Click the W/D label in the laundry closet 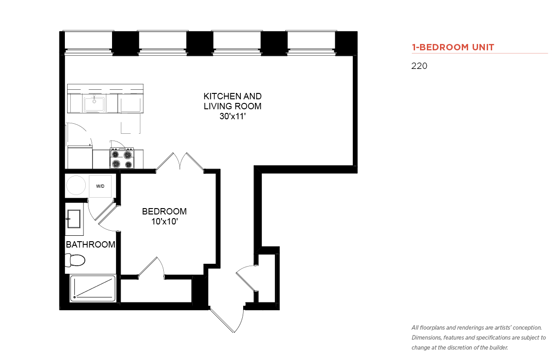click(x=100, y=186)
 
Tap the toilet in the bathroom click(x=75, y=260)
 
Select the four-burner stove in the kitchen click(x=122, y=158)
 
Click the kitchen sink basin click(x=94, y=104)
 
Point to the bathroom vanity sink click(x=74, y=219)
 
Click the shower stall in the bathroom click(x=93, y=288)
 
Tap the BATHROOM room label click(x=91, y=244)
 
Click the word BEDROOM click(x=164, y=211)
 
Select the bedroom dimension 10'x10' click(x=165, y=221)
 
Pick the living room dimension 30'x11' click(x=233, y=116)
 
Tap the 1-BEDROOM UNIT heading click(x=453, y=47)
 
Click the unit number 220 click(x=419, y=66)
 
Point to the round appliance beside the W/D click(x=76, y=185)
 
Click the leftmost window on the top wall click(x=88, y=42)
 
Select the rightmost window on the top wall click(x=311, y=42)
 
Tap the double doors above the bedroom click(x=180, y=161)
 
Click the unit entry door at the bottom click(x=227, y=320)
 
